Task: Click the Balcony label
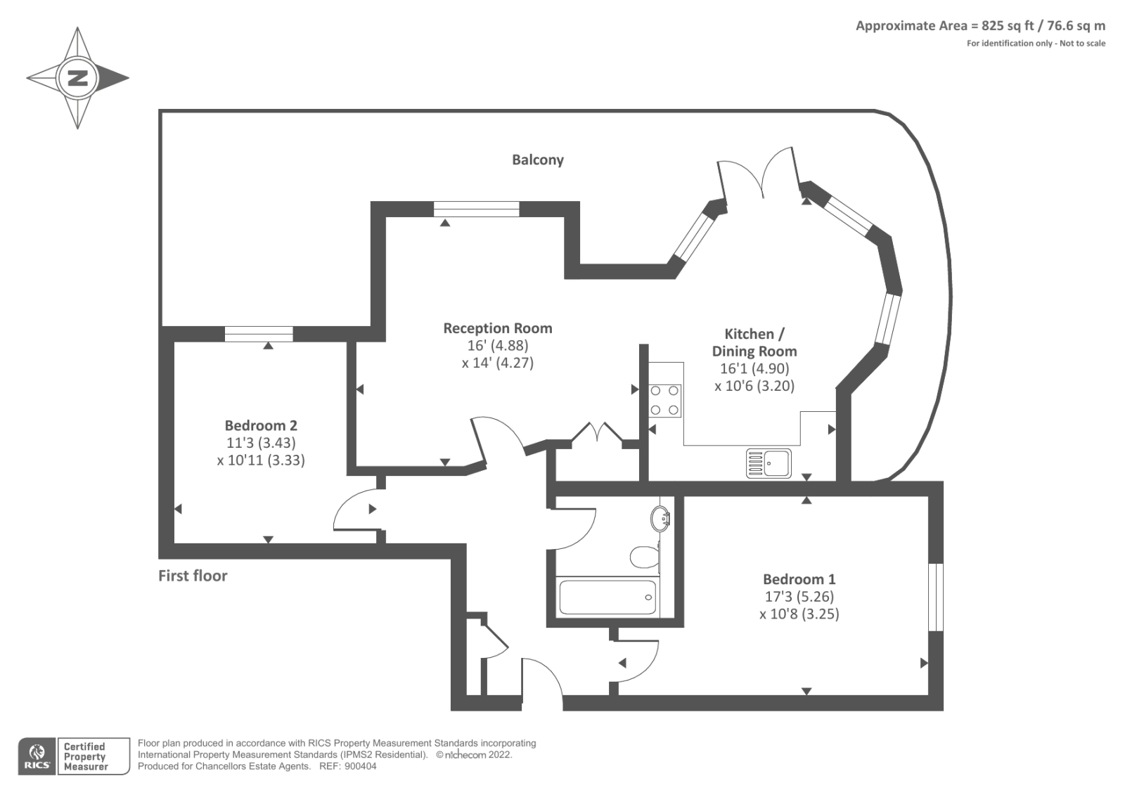click(538, 160)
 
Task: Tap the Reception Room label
click(498, 328)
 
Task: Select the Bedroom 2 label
click(261, 425)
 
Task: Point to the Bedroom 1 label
click(799, 579)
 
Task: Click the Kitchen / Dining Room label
click(754, 342)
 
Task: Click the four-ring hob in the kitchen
click(664, 400)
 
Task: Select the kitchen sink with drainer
click(769, 463)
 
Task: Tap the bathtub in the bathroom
click(607, 597)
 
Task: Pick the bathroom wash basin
click(661, 519)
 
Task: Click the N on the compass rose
click(77, 77)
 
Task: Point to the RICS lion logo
click(37, 756)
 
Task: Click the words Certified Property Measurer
click(85, 756)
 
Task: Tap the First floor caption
click(193, 576)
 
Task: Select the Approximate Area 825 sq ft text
click(980, 26)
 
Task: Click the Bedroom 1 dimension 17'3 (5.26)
click(799, 597)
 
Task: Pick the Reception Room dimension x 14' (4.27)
click(498, 363)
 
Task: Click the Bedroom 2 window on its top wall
click(259, 334)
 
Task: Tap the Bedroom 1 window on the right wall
click(935, 597)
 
